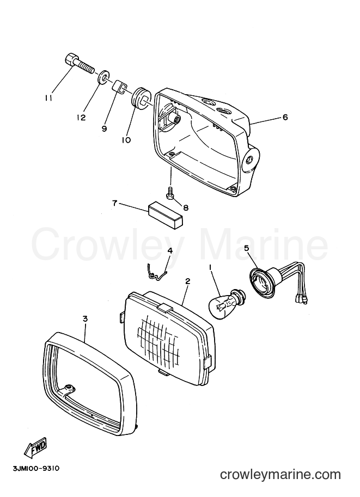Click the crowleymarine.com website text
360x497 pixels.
(x=280, y=474)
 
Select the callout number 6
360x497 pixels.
(x=285, y=117)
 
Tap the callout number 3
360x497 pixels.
(x=84, y=319)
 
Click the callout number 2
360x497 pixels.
(x=187, y=281)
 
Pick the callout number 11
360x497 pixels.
(x=48, y=99)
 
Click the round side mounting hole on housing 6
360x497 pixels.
(x=249, y=161)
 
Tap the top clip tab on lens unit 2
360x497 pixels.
(x=165, y=307)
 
